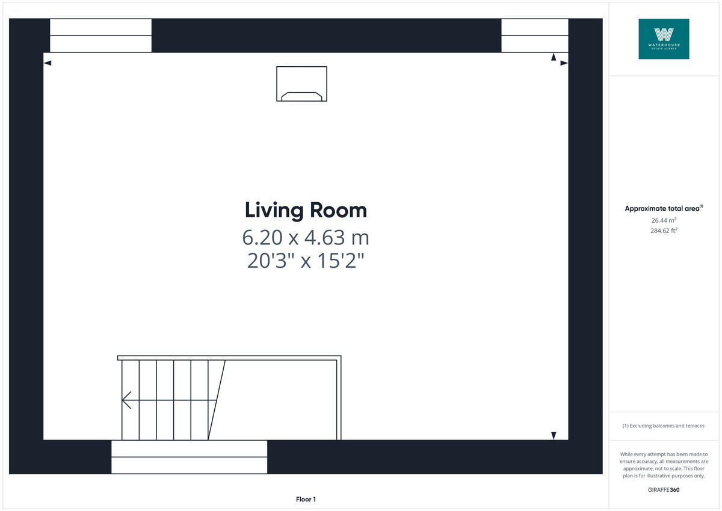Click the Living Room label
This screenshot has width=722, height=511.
(x=306, y=211)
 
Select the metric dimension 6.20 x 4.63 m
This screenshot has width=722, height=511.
(x=306, y=238)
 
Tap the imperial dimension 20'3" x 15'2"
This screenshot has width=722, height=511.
(x=306, y=262)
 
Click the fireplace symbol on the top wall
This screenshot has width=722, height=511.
(x=301, y=84)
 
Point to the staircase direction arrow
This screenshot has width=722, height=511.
(x=127, y=400)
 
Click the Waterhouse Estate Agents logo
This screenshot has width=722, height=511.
(x=664, y=39)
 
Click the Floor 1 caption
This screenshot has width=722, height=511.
(x=306, y=499)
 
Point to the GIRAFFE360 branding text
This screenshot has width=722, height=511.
(x=664, y=490)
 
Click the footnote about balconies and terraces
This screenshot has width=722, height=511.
(x=664, y=426)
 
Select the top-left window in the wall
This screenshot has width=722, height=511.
(x=100, y=36)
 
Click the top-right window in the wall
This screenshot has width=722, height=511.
(x=534, y=36)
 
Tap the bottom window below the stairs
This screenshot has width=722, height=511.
(x=189, y=457)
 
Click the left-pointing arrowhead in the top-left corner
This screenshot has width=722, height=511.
(x=48, y=63)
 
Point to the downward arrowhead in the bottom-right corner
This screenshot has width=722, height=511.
(x=554, y=435)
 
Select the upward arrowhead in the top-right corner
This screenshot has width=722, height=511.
(x=554, y=57)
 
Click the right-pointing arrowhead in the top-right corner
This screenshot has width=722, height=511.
(x=564, y=63)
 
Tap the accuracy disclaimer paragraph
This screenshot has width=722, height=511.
(x=664, y=465)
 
